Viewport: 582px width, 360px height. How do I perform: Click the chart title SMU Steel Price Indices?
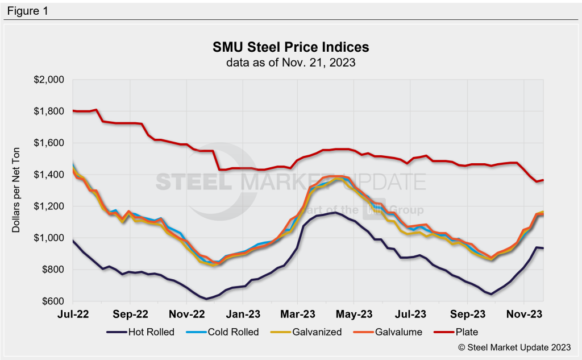291,47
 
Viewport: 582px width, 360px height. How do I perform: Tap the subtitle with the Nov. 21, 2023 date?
291,63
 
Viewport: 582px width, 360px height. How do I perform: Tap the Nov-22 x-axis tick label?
186,314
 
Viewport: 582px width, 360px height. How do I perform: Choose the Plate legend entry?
456,332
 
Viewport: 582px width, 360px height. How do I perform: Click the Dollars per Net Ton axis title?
16,191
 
